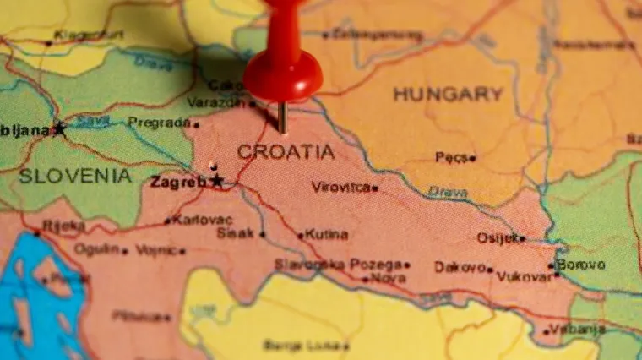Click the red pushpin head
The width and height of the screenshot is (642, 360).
(x=282, y=72)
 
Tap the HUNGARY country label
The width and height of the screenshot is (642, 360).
(x=448, y=94)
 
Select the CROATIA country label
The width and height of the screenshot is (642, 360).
(x=286, y=152)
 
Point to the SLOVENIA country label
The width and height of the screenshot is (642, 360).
(x=75, y=176)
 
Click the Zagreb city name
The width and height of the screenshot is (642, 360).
(x=178, y=182)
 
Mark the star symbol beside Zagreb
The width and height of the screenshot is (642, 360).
(x=217, y=180)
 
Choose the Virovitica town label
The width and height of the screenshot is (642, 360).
(x=341, y=187)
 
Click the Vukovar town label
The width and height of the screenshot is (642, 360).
(x=524, y=275)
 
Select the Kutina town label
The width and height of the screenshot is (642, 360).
(x=326, y=234)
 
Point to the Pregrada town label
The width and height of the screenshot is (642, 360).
(x=159, y=123)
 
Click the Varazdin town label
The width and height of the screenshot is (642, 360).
(x=215, y=102)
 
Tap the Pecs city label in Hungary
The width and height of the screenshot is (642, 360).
(x=452, y=157)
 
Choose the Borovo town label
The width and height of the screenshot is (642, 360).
(x=581, y=265)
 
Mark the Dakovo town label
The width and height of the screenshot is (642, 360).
(x=460, y=267)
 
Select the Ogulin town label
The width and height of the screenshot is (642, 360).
(x=96, y=249)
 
